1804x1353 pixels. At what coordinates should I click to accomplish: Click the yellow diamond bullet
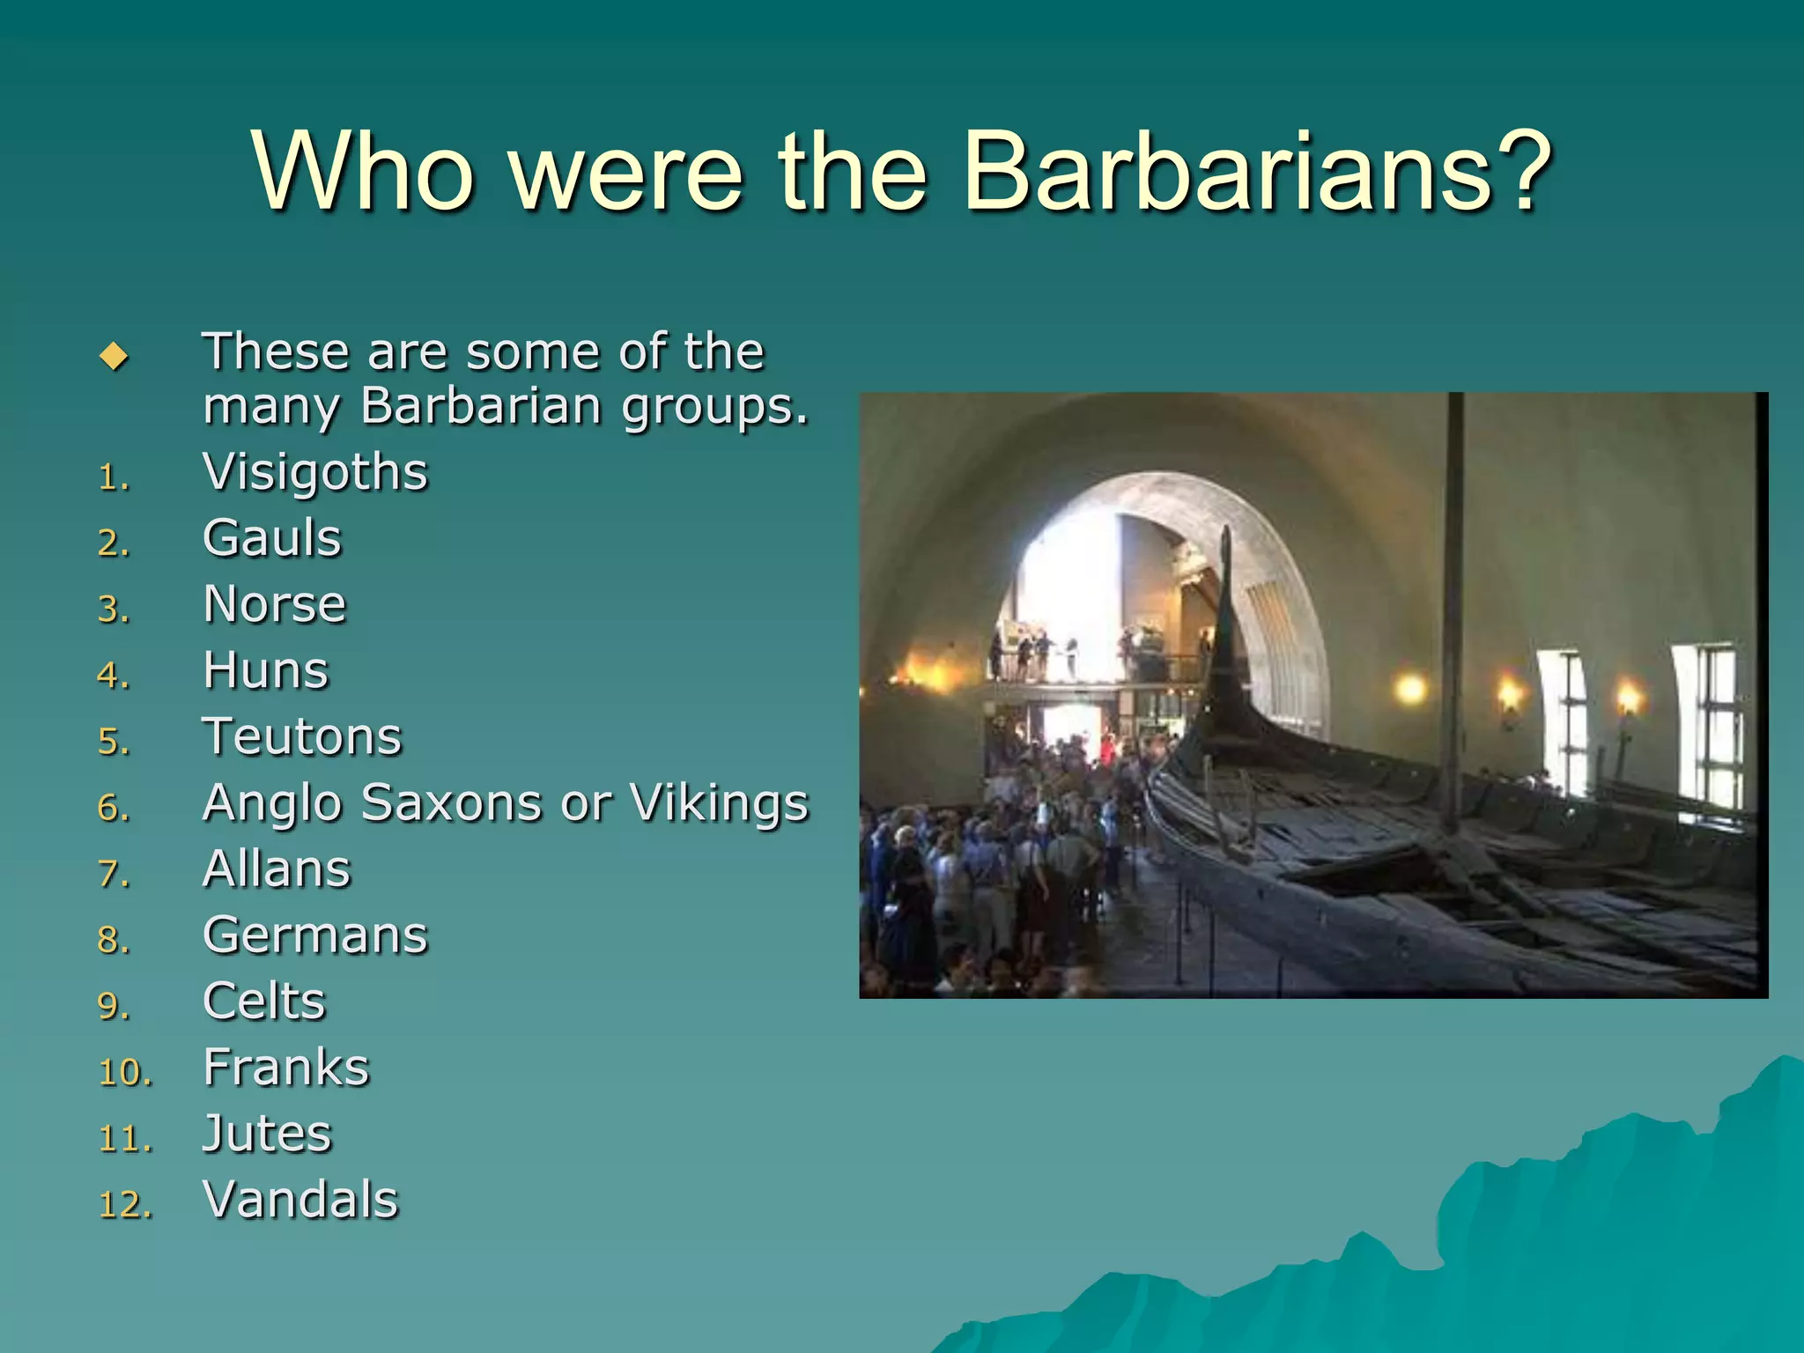[115, 357]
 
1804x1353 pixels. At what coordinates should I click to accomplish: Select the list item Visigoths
[315, 473]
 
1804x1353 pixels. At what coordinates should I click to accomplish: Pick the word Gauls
[272, 538]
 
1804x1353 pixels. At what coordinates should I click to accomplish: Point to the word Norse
[275, 604]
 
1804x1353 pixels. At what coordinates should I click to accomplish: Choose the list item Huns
[266, 671]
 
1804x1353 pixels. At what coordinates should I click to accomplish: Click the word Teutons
[302, 737]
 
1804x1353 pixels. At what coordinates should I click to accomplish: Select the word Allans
[277, 869]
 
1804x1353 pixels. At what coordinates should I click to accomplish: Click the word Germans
[315, 935]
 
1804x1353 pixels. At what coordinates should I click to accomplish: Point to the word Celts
[264, 1002]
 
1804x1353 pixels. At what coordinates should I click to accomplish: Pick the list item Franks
[286, 1068]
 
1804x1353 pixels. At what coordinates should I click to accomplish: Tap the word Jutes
[268, 1134]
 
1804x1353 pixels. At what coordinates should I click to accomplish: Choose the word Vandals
[301, 1200]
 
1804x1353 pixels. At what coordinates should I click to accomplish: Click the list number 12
[124, 1205]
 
